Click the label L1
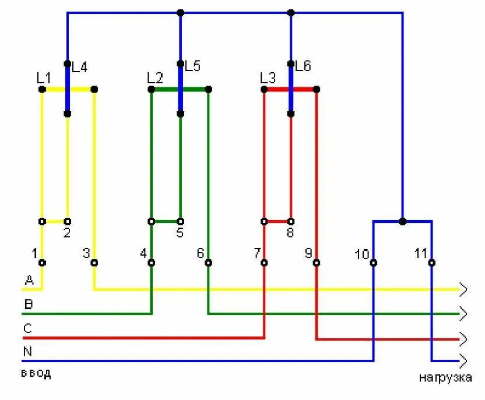click(44, 77)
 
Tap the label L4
click(79, 67)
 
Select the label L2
click(154, 77)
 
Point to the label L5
click(192, 66)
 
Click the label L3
click(268, 77)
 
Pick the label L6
click(303, 66)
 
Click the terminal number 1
click(34, 253)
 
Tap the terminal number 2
click(66, 233)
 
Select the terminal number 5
click(180, 233)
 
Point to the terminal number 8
click(290, 233)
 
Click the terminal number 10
click(361, 254)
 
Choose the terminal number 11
click(421, 254)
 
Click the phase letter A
click(29, 281)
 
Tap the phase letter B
click(28, 304)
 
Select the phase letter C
click(27, 328)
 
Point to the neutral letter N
click(27, 351)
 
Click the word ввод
click(36, 374)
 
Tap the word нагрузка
click(445, 377)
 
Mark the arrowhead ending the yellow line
click(463, 289)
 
